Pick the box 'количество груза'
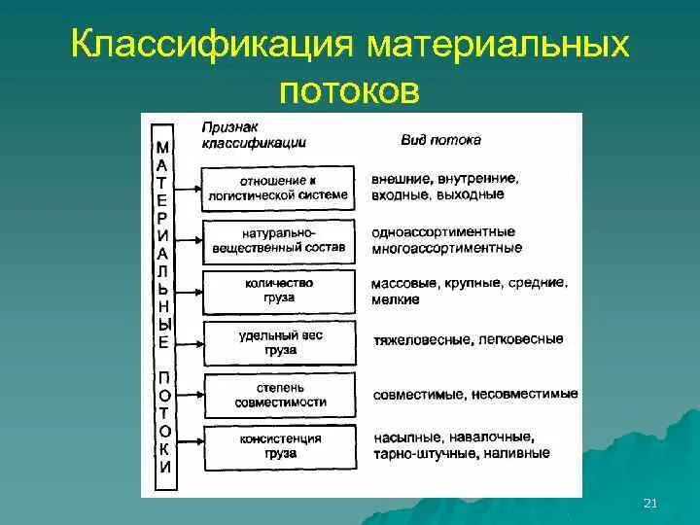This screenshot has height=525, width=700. [x=279, y=291]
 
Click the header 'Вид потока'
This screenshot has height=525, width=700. [x=440, y=140]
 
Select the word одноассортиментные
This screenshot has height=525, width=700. [x=442, y=232]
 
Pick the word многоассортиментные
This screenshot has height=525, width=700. [x=446, y=248]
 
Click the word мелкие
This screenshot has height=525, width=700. [x=395, y=299]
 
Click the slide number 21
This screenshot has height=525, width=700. [x=651, y=502]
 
